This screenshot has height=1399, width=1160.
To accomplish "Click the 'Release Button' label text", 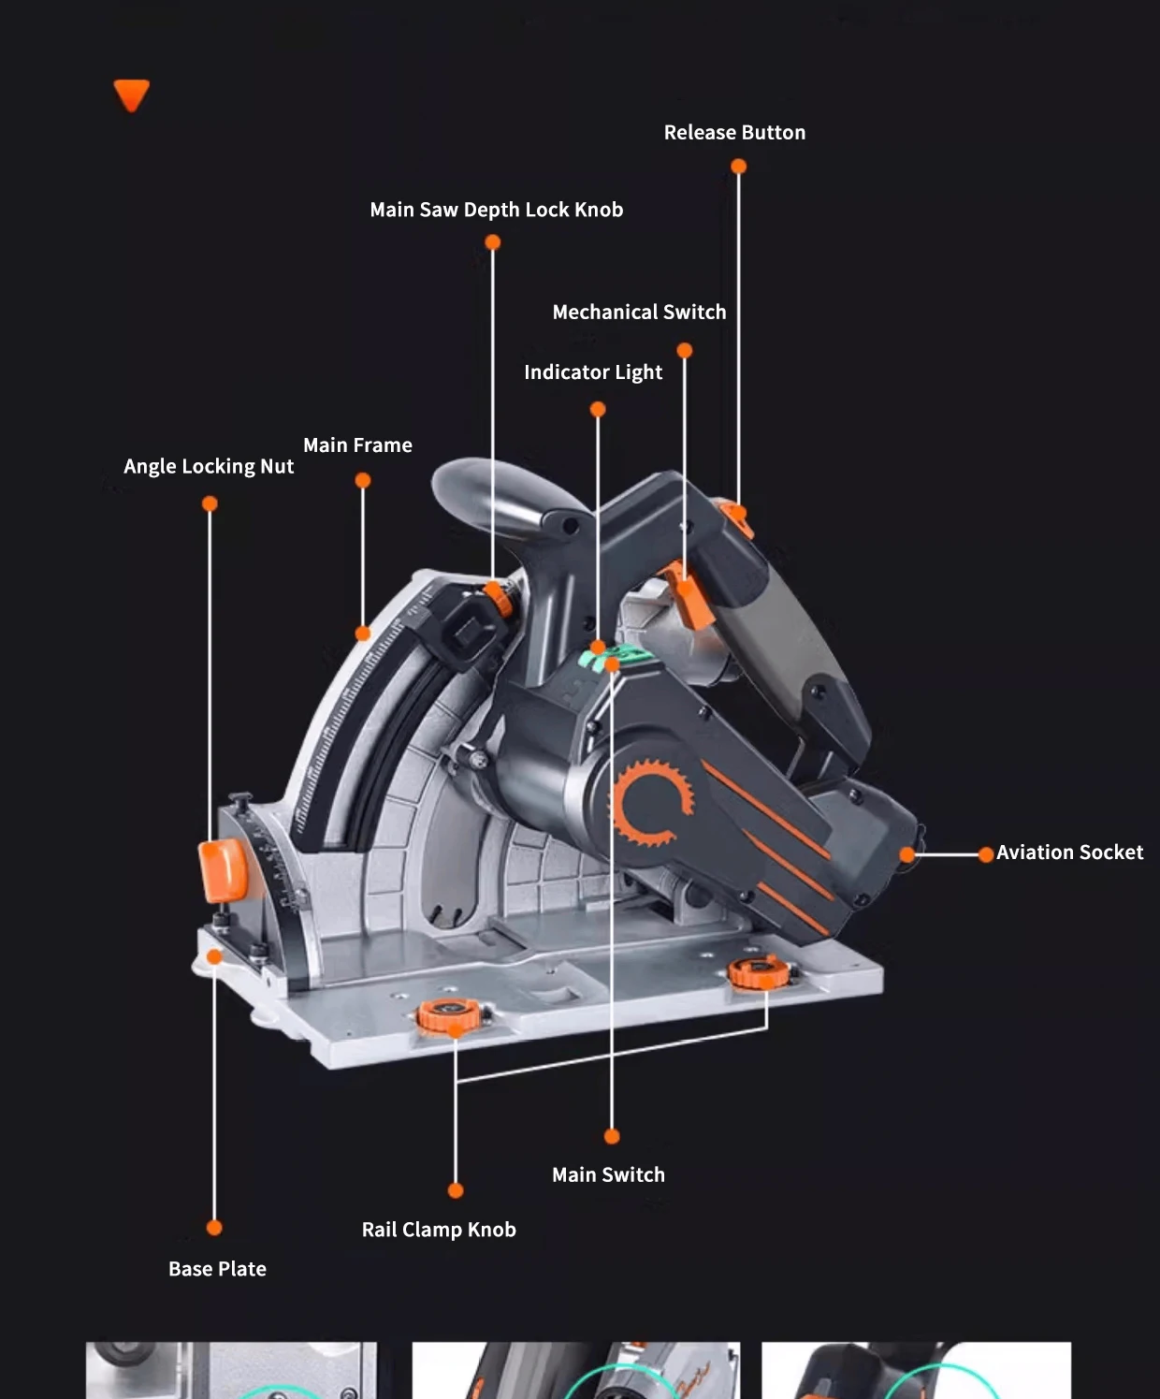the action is pyautogui.click(x=734, y=133).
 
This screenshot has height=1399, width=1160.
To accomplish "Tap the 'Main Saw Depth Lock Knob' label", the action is pyautogui.click(x=497, y=210).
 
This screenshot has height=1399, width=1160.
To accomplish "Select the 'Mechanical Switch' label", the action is pyautogui.click(x=639, y=313).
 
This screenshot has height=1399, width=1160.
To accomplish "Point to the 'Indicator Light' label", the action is pyautogui.click(x=593, y=372).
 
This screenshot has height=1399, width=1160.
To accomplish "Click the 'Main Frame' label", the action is pyautogui.click(x=357, y=444).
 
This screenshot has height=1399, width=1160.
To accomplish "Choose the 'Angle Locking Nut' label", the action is pyautogui.click(x=209, y=466).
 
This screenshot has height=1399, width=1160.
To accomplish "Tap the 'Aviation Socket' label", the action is pyautogui.click(x=1069, y=853).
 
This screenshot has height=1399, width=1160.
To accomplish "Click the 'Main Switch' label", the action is pyautogui.click(x=608, y=1174).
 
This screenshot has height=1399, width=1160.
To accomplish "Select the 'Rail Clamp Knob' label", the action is pyautogui.click(x=439, y=1230).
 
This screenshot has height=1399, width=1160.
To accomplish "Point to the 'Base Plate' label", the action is pyautogui.click(x=217, y=1269).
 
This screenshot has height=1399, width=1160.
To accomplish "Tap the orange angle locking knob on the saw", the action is pyautogui.click(x=223, y=870).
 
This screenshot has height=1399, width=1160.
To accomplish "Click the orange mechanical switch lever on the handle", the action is pyautogui.click(x=689, y=596).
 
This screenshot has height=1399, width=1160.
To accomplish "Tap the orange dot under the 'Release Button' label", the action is pyautogui.click(x=738, y=167).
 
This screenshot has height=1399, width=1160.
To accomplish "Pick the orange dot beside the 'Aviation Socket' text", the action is pyautogui.click(x=985, y=854).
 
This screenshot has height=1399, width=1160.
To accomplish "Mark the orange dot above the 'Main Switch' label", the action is pyautogui.click(x=612, y=1136).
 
